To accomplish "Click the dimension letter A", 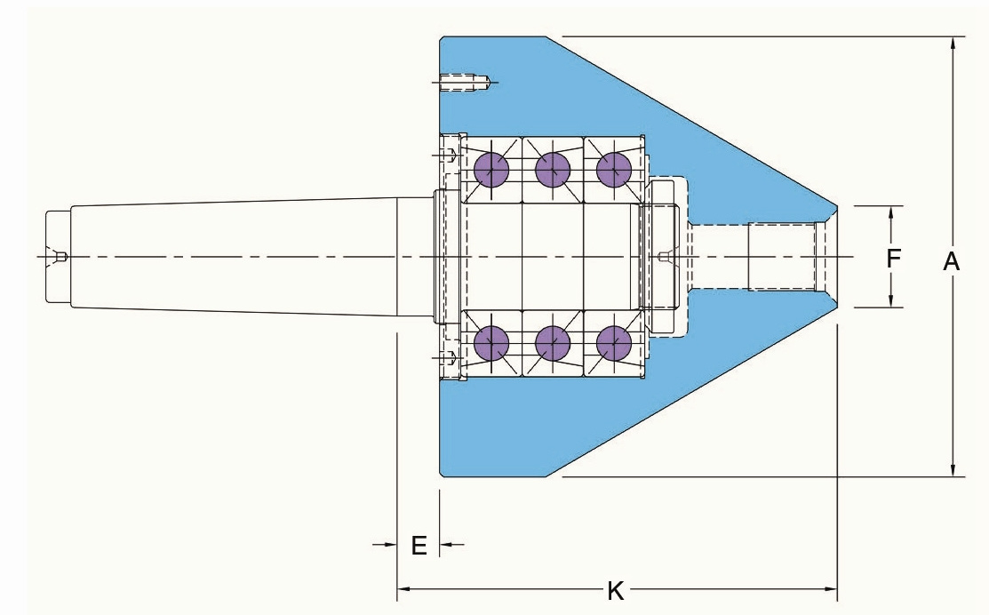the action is pos(951,261).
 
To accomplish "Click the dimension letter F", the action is pos(892,258).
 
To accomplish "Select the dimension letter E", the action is pos(419,546).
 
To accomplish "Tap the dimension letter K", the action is pos(615,592).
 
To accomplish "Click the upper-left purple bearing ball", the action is pos(491,170).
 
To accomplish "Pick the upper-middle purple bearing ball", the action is pos(553,170).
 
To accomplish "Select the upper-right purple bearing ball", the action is pos(614,170).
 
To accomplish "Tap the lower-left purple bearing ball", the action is pos(491,344).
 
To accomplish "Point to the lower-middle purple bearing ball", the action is pos(553,344).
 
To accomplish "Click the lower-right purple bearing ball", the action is pos(614,344).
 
